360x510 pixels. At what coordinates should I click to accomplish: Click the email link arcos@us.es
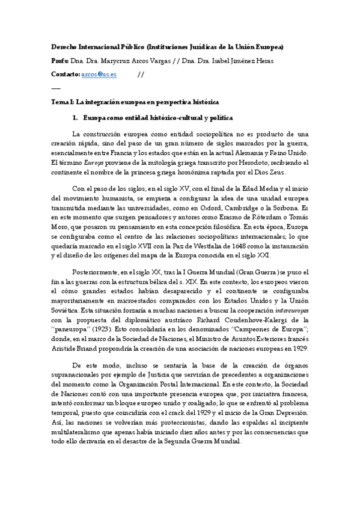pos(99,74)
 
